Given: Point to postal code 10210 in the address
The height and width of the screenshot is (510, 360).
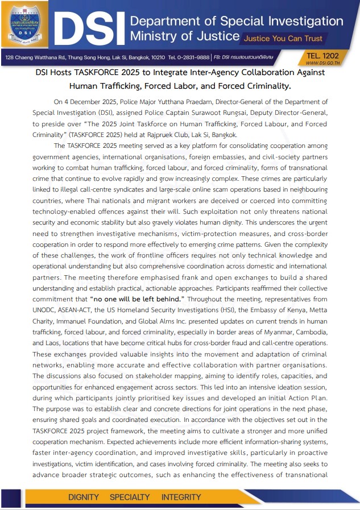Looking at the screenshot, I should tap(156, 58).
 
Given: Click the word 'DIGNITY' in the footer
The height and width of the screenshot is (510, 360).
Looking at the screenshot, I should tap(84, 497).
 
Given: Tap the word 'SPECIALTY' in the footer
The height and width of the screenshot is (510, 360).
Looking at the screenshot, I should tap(130, 497).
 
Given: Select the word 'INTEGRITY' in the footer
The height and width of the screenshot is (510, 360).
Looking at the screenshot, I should tap(181, 497).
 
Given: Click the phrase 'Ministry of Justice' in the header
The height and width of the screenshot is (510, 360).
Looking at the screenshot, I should tap(184, 36).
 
